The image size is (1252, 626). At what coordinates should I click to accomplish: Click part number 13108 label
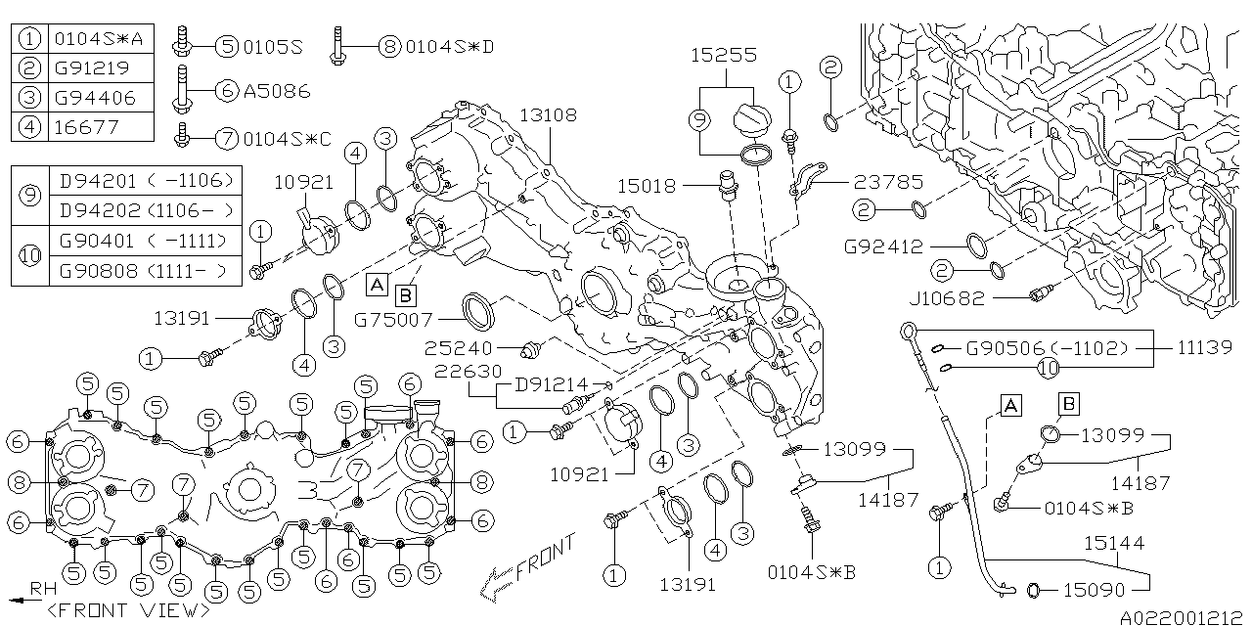[x=548, y=115]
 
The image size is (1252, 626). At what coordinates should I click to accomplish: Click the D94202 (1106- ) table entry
[x=147, y=209]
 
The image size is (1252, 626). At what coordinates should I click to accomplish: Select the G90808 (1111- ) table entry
[x=147, y=270]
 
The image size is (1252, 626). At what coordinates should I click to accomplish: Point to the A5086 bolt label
[x=277, y=91]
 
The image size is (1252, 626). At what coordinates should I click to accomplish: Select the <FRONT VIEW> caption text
[x=127, y=610]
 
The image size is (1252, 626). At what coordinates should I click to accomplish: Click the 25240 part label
[x=457, y=347]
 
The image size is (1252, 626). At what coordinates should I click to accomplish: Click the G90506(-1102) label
[x=1047, y=347]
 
